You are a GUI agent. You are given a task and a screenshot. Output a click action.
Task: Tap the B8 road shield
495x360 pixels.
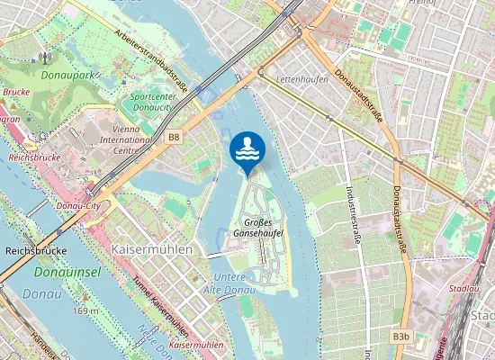point(174,137)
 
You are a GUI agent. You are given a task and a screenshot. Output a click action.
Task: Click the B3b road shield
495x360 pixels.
point(401,337)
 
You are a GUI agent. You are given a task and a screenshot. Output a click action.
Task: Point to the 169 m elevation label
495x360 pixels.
point(85,310)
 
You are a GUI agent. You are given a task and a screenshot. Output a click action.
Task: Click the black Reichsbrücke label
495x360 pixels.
point(36,251)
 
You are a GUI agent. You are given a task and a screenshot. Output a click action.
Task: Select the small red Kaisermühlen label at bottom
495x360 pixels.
point(196,345)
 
